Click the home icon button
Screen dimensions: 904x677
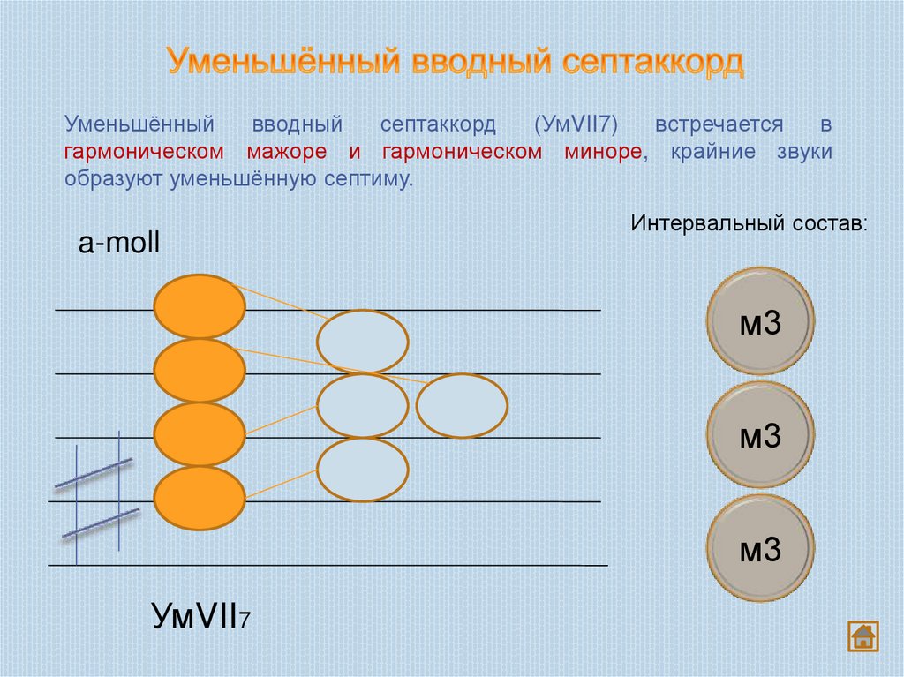[x=863, y=636]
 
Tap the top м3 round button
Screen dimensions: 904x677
[x=760, y=321]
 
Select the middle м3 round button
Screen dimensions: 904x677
[x=760, y=435]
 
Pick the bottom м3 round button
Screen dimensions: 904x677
[x=760, y=548]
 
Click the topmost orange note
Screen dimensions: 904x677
[x=200, y=306]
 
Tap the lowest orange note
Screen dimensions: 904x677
[x=200, y=499]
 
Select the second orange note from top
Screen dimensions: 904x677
[x=200, y=370]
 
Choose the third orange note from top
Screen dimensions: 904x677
[x=200, y=434]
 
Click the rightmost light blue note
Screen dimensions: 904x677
[x=462, y=406]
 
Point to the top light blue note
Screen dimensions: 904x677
[x=362, y=342]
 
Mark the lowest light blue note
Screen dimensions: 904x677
[x=362, y=470]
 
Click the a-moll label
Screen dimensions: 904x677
[x=118, y=244]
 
